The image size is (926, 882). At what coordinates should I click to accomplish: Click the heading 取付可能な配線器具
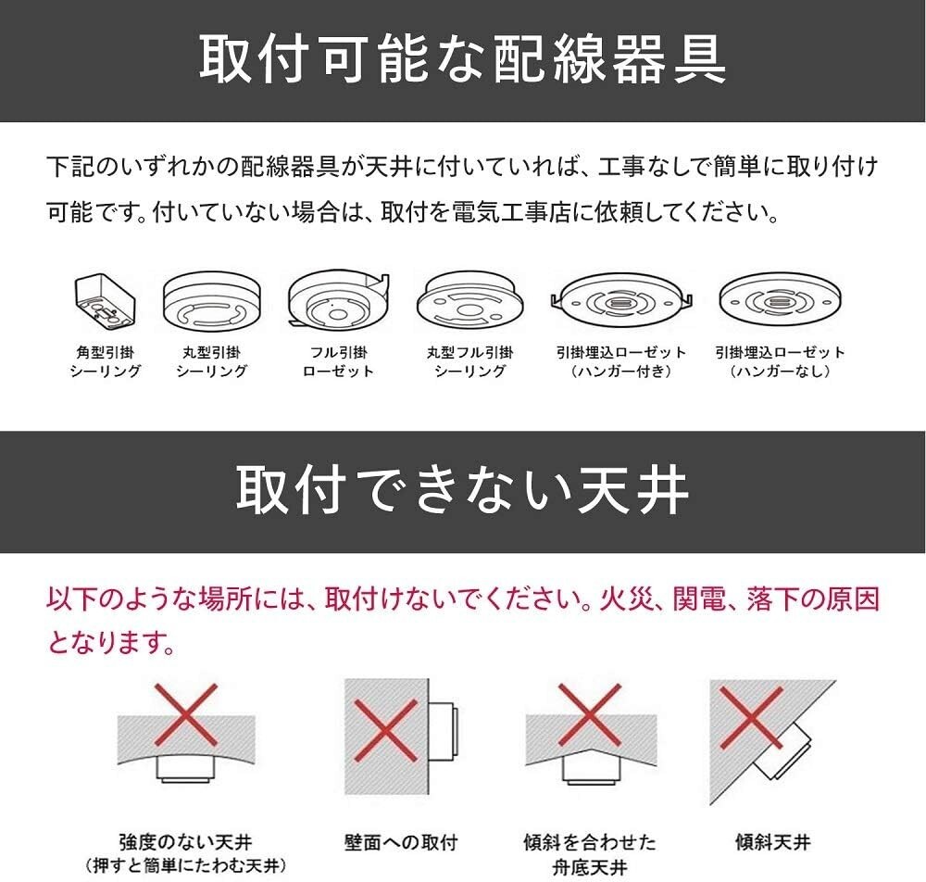click(462, 59)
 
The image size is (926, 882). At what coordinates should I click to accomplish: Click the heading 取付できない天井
click(462, 491)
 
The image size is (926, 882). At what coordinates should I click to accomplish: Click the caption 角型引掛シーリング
click(106, 361)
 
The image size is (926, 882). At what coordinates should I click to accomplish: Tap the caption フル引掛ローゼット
click(338, 361)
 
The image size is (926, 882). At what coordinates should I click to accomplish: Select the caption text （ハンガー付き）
click(621, 372)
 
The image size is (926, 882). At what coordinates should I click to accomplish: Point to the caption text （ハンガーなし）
click(780, 372)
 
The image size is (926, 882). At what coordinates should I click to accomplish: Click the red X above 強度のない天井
click(185, 715)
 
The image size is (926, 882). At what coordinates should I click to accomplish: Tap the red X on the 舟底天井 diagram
click(590, 714)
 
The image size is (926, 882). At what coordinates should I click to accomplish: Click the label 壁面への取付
click(399, 842)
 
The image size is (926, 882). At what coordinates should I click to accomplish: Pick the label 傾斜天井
click(772, 842)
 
